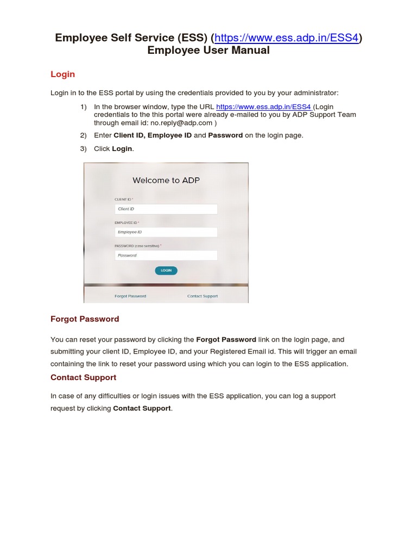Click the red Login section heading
point(62,74)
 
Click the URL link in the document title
point(287,38)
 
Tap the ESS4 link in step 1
point(263,107)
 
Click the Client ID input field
point(166,209)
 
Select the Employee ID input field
point(166,232)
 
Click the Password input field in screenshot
point(166,255)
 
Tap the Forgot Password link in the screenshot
point(130,296)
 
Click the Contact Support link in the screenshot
point(203,296)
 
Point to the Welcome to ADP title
point(166,180)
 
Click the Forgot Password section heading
point(85,319)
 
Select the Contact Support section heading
point(83,377)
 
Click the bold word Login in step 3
point(122,149)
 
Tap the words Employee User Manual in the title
point(208,50)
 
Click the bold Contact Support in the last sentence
point(142,408)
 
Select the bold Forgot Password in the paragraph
point(226,340)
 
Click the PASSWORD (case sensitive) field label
point(137,246)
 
